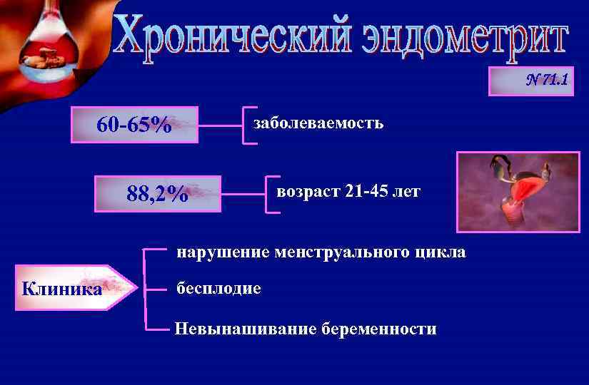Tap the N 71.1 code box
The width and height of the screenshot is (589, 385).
click(x=530, y=81)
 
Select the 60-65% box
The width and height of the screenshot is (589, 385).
click(x=134, y=125)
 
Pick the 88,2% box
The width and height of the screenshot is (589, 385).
click(x=159, y=193)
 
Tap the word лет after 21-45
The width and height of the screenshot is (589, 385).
click(x=407, y=192)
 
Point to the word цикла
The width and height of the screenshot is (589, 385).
click(x=443, y=252)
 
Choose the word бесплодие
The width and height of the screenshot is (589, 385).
click(x=218, y=289)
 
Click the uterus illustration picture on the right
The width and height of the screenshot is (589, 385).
click(x=518, y=192)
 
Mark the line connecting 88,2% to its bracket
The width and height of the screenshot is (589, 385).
click(x=243, y=193)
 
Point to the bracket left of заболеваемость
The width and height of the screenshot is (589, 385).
click(x=246, y=125)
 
